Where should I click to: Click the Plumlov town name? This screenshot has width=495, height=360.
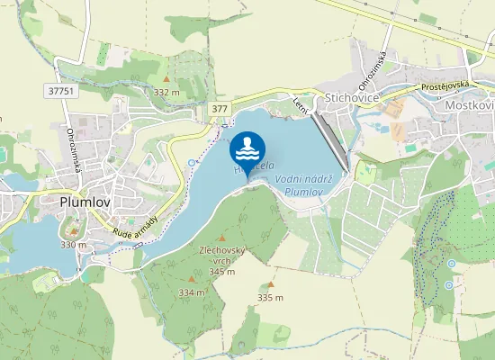pos(85,203)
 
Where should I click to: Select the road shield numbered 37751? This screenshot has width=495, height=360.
pos(59,91)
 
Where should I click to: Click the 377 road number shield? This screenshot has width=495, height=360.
pos(220,108)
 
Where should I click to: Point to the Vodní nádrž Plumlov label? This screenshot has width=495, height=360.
pos(304,184)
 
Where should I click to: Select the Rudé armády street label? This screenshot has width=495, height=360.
pos(136,227)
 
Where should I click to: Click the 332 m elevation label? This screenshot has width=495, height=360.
pos(166,92)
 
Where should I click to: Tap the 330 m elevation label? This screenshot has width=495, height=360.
pos(73,244)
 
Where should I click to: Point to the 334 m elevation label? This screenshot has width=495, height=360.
pos(192,292)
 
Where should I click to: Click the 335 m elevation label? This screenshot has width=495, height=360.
pos(270,297)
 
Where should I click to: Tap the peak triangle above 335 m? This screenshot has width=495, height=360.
pos(270,283)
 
